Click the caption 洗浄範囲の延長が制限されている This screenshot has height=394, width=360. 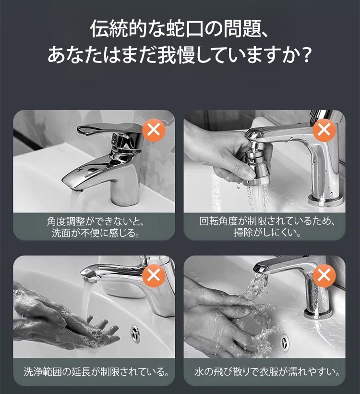[96, 372]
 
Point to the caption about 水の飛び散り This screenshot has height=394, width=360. [267, 372]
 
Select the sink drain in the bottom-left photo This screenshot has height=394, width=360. [135, 333]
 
